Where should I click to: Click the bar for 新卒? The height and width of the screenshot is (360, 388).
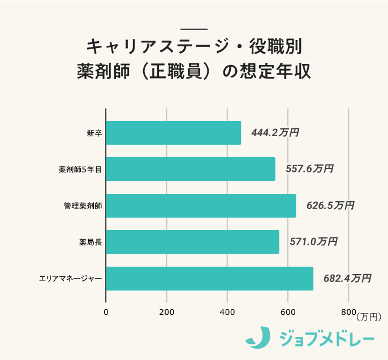173,133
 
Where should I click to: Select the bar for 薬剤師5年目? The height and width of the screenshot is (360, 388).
190,169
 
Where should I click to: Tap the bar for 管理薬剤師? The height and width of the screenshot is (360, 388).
201,206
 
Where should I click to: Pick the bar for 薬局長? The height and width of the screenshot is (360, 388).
192,242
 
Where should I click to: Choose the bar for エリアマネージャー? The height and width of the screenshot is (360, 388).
209,279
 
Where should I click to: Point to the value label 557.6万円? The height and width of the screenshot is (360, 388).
309,170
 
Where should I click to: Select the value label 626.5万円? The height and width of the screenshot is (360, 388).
330,206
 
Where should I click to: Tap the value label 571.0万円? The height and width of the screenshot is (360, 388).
313,242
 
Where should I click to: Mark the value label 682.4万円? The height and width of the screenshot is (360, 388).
347,278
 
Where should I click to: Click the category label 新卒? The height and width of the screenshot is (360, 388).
94,133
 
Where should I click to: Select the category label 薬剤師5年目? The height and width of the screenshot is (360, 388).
80,170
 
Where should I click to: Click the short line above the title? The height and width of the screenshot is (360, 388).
194,29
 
